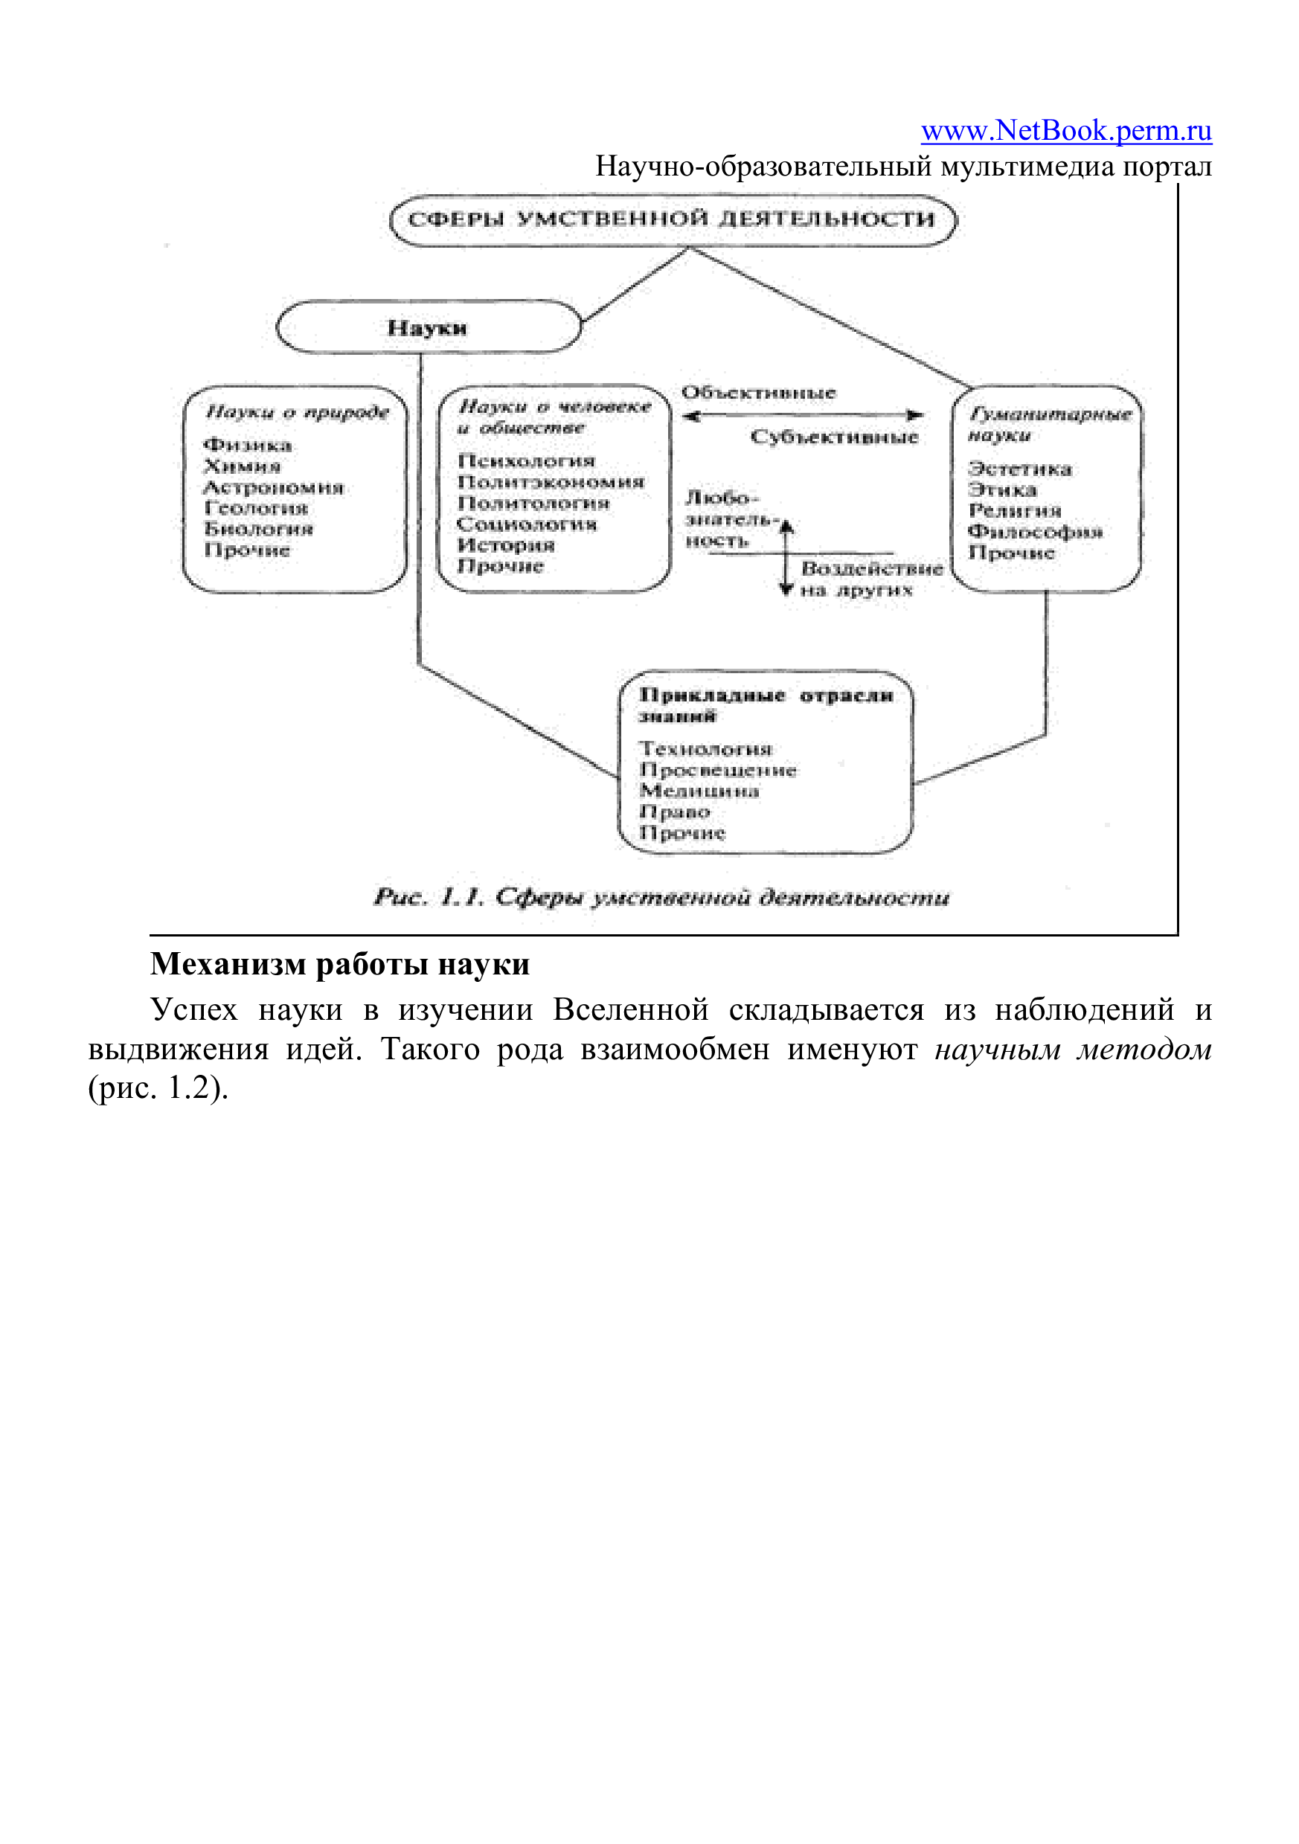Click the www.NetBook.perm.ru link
pyautogui.click(x=1066, y=130)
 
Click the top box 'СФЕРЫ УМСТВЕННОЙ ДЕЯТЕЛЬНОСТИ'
pyautogui.click(x=673, y=220)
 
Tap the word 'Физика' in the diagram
pyautogui.click(x=248, y=445)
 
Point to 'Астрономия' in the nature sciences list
pyautogui.click(x=274, y=487)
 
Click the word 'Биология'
pyautogui.click(x=259, y=530)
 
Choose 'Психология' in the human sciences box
pyautogui.click(x=526, y=461)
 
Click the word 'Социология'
pyautogui.click(x=527, y=524)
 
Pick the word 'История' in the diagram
pyautogui.click(x=506, y=545)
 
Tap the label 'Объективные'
pyautogui.click(x=758, y=393)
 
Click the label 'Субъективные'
pyautogui.click(x=834, y=437)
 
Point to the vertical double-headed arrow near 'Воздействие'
pyautogui.click(x=787, y=557)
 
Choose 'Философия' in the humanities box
pyautogui.click(x=1036, y=532)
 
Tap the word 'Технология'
pyautogui.click(x=705, y=748)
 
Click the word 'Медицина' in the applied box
pyautogui.click(x=699, y=791)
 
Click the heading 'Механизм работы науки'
pyautogui.click(x=340, y=965)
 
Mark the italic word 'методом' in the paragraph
pyautogui.click(x=1144, y=1050)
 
